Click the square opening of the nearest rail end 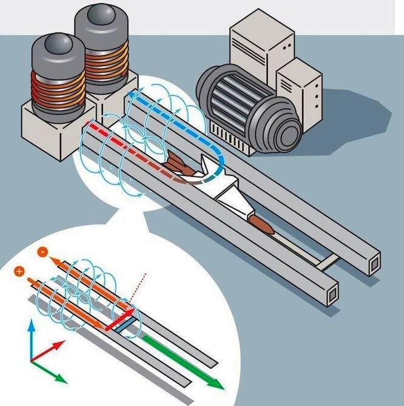tap(332, 294)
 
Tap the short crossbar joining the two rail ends tap(328, 262)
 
